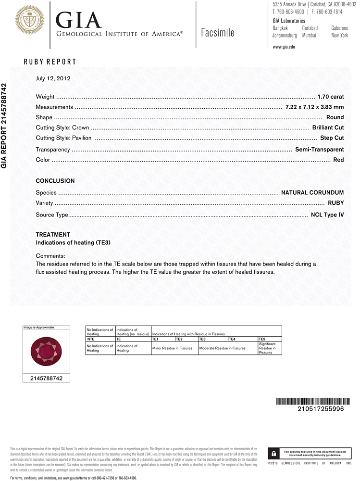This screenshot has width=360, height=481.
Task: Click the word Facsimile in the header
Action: coord(218,33)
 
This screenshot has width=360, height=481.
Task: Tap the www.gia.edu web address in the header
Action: coord(284,47)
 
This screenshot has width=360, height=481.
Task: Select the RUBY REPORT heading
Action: coord(50,62)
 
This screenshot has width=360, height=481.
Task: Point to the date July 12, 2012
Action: coord(53,78)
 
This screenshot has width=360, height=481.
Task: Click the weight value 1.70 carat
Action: coord(331,97)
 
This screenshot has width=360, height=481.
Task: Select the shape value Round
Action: coord(335,117)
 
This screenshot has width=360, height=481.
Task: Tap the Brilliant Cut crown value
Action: coord(328,127)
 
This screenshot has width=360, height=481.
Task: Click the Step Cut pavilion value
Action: coord(332,138)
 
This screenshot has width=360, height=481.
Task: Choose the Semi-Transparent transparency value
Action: coord(319,150)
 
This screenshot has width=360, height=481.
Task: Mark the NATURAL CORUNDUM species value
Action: coord(312,193)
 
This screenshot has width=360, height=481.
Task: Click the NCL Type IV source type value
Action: coord(327,215)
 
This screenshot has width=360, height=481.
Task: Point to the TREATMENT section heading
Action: coord(53,235)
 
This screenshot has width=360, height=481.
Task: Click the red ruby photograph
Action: coord(46,350)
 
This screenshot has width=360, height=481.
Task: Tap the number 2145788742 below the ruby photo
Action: coord(46,379)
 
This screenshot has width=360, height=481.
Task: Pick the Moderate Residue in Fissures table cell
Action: coord(222,348)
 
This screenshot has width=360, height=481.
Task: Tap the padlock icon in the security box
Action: coord(273,453)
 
